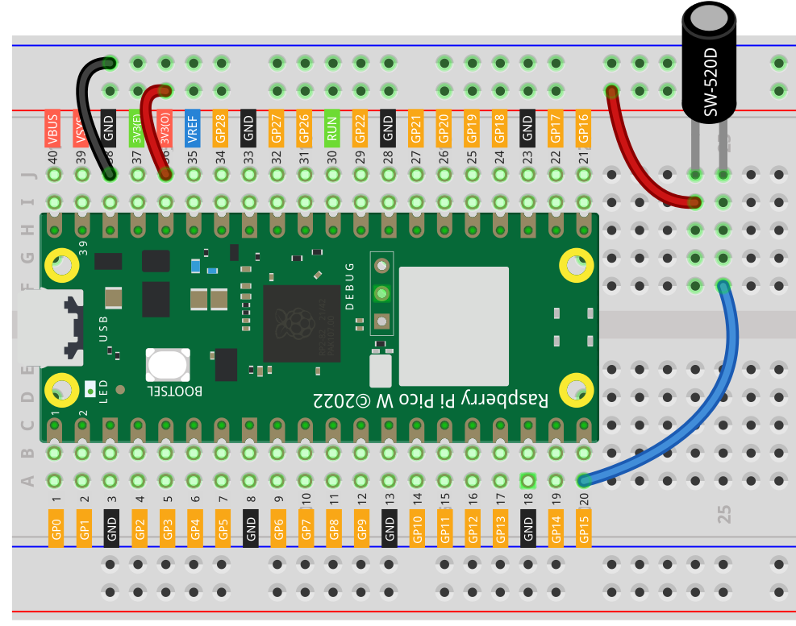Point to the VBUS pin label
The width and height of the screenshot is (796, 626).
coord(53,129)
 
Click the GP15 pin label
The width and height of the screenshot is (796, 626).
coord(584,528)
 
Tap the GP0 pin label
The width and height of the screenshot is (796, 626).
coord(56,528)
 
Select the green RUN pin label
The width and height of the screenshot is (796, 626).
coord(331,129)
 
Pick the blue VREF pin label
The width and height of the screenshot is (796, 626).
coord(192,129)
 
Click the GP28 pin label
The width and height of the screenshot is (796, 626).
coord(220,129)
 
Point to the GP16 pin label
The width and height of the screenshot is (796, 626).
coord(583,129)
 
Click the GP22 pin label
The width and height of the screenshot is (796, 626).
coord(360,129)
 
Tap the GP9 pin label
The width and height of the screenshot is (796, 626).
coord(362,528)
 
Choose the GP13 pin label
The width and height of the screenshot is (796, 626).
coord(500,528)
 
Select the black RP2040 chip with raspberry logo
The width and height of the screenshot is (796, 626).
coord(302,323)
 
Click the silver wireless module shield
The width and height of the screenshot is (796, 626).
coord(454,326)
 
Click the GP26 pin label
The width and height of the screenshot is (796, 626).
coord(303,129)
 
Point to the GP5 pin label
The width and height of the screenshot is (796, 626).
coord(223,528)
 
